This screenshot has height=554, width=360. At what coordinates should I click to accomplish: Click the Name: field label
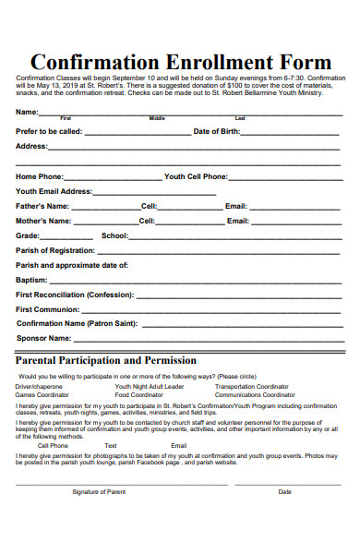click(27, 112)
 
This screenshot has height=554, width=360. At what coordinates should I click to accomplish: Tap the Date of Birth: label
click(216, 131)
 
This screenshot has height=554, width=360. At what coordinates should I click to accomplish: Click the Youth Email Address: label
click(54, 191)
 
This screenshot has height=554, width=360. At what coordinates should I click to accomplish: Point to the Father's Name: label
click(42, 206)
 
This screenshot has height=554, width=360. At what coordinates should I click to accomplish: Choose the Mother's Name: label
click(43, 221)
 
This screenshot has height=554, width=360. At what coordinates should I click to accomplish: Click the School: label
click(114, 235)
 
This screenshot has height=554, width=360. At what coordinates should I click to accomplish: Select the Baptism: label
click(31, 279)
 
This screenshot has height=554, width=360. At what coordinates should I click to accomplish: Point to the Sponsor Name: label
click(42, 338)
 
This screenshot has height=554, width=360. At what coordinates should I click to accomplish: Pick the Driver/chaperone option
click(39, 386)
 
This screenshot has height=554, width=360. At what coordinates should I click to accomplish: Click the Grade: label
click(28, 235)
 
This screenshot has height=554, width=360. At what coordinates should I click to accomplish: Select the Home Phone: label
click(40, 175)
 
